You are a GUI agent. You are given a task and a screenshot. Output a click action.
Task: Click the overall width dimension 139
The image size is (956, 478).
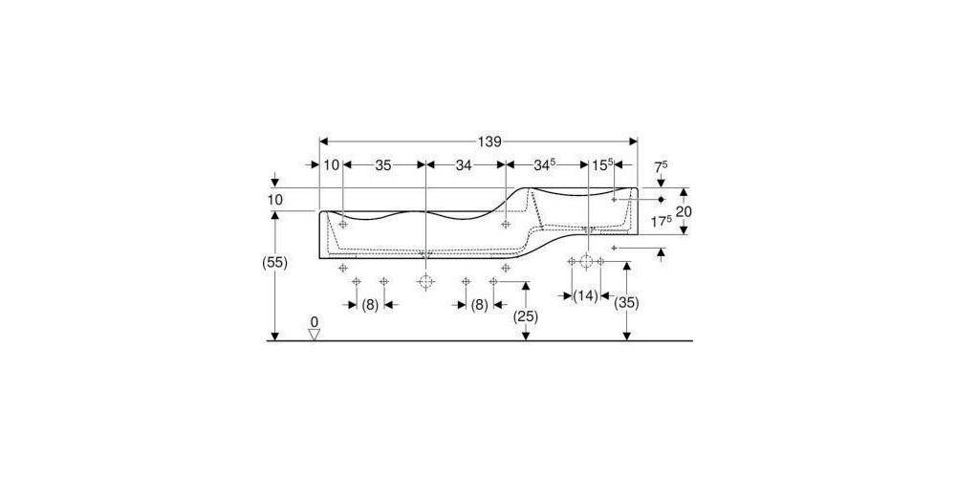coord(489,141)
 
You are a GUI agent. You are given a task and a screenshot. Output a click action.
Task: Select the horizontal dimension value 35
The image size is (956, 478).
coord(383,164)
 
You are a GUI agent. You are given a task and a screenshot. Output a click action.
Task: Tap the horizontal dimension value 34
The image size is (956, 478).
coord(464,164)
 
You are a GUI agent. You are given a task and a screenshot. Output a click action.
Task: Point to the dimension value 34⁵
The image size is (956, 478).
coord(545,164)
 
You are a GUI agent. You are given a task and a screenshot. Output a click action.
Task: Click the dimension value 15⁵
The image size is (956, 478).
coord(601,164)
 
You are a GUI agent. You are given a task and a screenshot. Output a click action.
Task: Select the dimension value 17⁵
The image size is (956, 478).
coord(662,222)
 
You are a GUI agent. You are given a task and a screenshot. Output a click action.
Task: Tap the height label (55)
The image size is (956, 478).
coord(274,263)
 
